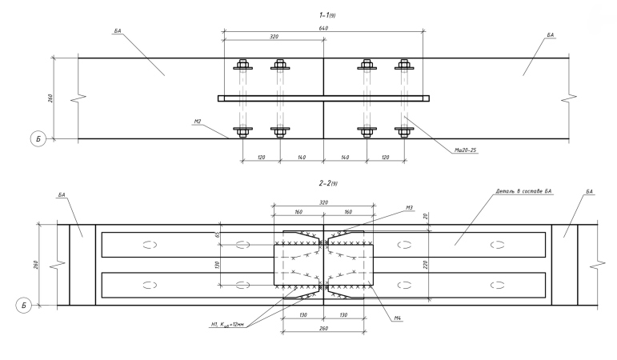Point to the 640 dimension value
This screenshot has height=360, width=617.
[323, 28]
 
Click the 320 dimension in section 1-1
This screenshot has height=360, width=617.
[273, 37]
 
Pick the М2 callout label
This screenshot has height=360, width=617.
[196, 122]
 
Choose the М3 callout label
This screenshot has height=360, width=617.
[408, 208]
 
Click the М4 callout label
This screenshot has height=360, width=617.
[397, 318]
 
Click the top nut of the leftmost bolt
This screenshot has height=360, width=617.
[242, 65]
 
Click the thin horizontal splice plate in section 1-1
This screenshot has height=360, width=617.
[323, 98]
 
